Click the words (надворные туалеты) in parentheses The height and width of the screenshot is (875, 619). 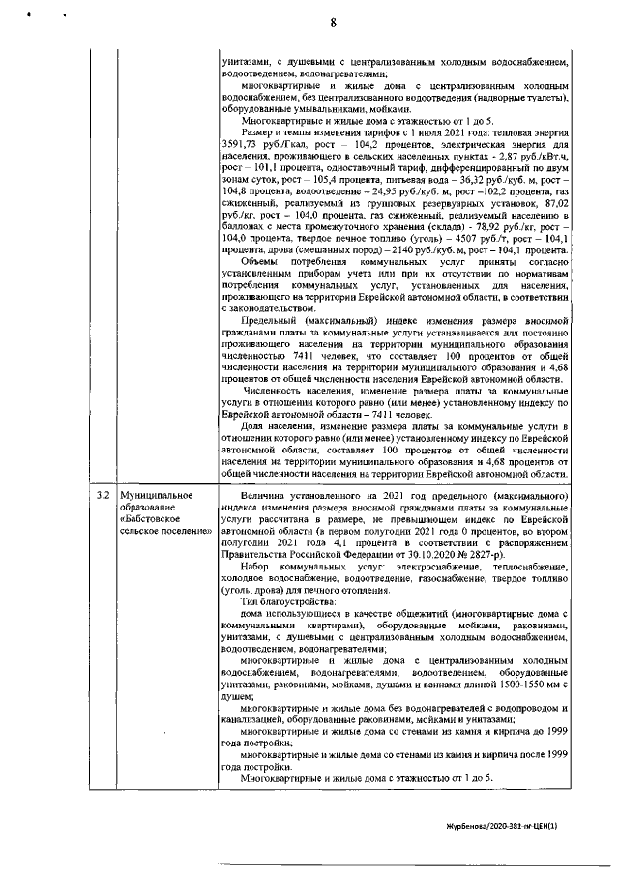(519, 98)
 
